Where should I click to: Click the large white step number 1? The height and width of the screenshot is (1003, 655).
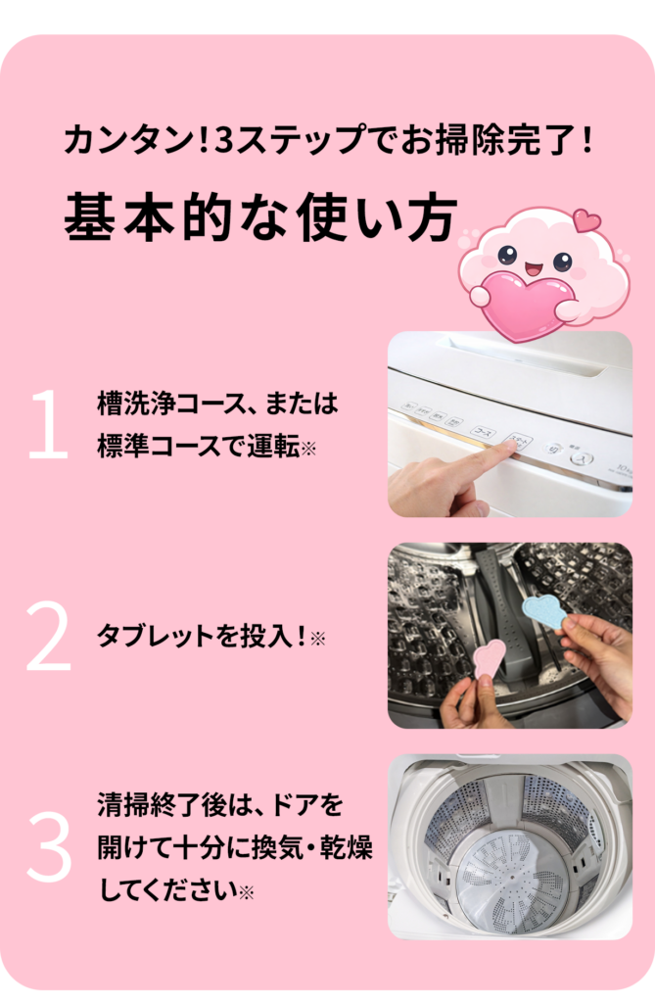(x=49, y=423)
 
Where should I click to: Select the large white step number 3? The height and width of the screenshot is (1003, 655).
(x=49, y=846)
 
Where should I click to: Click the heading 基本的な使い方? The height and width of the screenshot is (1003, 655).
(x=261, y=216)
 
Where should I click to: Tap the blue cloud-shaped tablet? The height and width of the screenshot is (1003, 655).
(x=544, y=611)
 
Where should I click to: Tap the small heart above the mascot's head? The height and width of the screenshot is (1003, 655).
(x=586, y=220)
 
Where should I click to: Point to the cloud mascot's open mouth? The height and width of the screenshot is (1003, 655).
(x=534, y=268)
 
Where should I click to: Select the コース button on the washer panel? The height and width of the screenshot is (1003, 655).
(x=483, y=432)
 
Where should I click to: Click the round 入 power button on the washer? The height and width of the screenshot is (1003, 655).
(x=582, y=458)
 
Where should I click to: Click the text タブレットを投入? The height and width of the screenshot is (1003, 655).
(x=201, y=637)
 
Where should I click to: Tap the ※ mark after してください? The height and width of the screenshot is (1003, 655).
(x=247, y=892)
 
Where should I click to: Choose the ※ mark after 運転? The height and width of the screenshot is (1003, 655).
(x=308, y=449)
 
